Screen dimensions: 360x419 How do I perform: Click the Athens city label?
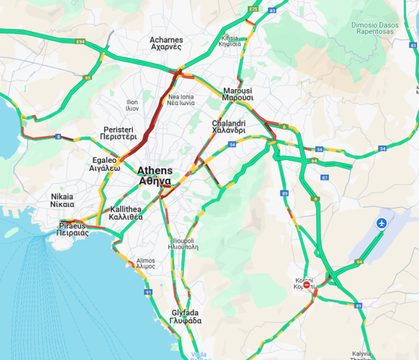[x=154, y=175]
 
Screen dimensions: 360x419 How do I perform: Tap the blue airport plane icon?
[x=382, y=223]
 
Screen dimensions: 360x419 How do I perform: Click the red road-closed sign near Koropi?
[x=307, y=285]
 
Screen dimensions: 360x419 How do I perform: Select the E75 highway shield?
[x=253, y=9]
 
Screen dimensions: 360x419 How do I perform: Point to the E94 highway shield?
[x=80, y=42]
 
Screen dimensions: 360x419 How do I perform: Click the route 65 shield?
[x=87, y=77]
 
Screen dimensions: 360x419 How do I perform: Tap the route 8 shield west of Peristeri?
[x=58, y=136]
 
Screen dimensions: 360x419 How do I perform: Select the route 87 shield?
[x=325, y=178]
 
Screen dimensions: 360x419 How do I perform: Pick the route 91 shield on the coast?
[x=148, y=292]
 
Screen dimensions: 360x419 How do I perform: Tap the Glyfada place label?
[x=186, y=317]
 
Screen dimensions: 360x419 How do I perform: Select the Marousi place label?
[x=238, y=94]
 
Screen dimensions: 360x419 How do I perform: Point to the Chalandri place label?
[x=229, y=126]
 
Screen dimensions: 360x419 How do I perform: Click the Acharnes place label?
[x=166, y=43]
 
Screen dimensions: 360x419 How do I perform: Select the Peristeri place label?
[x=118, y=133]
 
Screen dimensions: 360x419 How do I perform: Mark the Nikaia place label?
[x=62, y=200]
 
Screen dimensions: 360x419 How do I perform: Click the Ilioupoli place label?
[x=183, y=244]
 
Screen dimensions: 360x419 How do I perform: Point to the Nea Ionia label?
[x=180, y=100]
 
